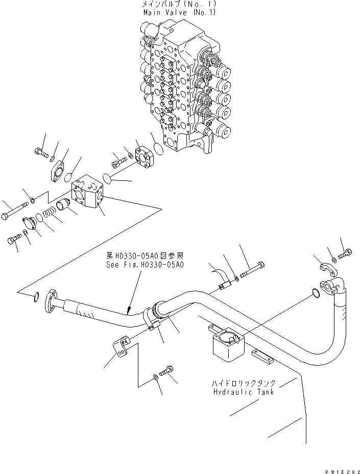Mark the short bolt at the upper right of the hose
click(345, 252)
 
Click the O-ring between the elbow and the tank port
click(316, 293)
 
